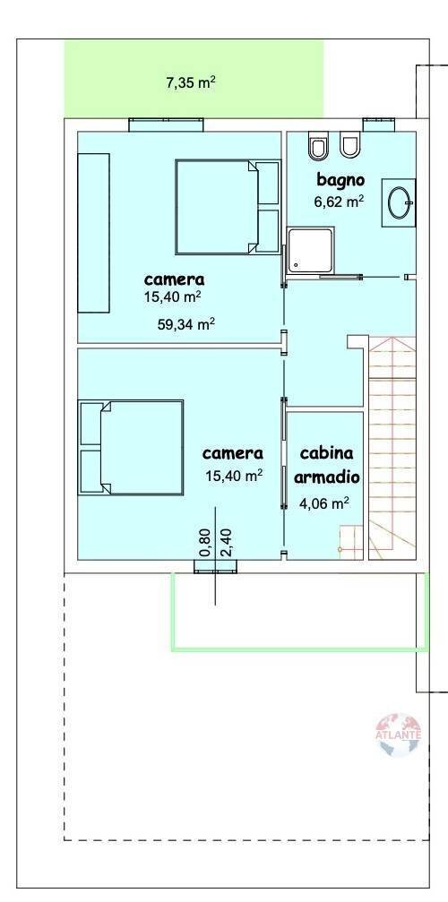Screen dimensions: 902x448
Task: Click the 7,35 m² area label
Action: pyautogui.click(x=190, y=82)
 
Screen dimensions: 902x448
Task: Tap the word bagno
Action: pyautogui.click(x=340, y=180)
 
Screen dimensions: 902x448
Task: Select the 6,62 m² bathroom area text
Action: pyautogui.click(x=339, y=202)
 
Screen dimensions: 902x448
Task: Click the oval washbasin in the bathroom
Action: pyautogui.click(x=399, y=202)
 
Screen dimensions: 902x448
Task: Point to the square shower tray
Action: pyautogui.click(x=311, y=251)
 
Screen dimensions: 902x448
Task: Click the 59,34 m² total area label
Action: pyautogui.click(x=186, y=324)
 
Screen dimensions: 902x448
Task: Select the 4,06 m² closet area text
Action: pyautogui.click(x=323, y=503)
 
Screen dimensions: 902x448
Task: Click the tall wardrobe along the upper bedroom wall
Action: pyautogui.click(x=93, y=233)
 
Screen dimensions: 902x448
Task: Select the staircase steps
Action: pyautogui.click(x=392, y=448)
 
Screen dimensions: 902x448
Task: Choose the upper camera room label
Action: pyautogui.click(x=174, y=279)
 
